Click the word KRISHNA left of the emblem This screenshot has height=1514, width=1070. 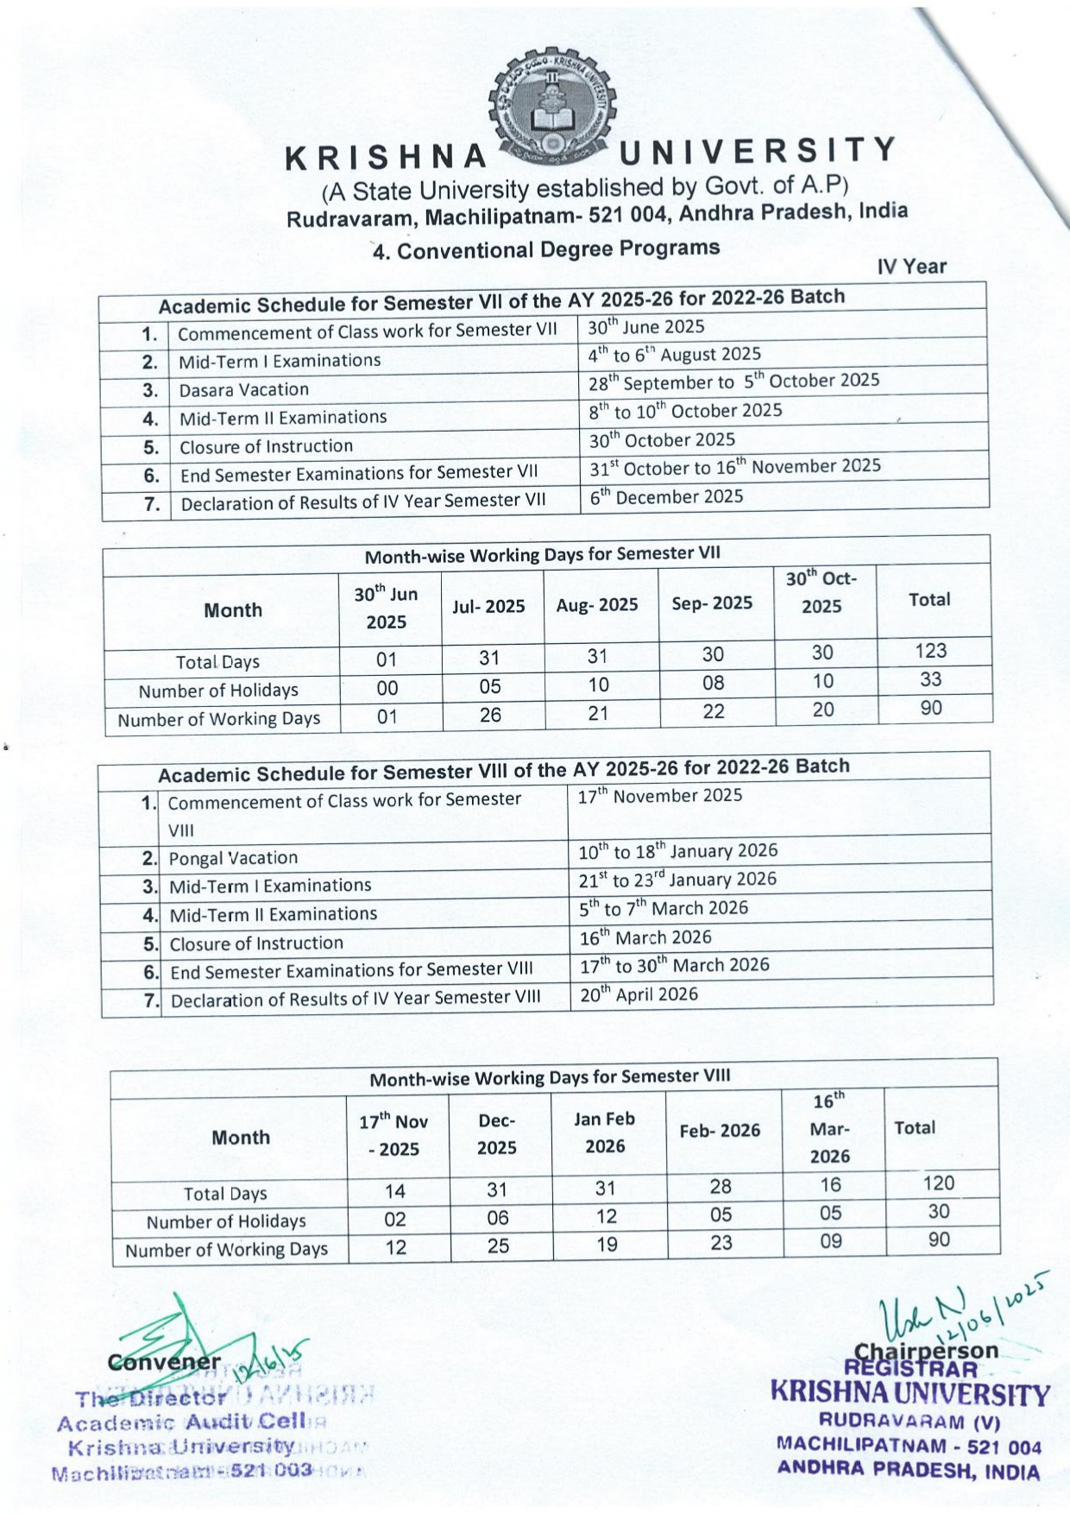[x=387, y=158]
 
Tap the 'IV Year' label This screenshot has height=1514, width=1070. [x=911, y=267]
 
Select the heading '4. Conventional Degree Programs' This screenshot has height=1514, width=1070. [x=545, y=249]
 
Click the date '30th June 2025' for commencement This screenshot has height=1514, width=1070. [x=646, y=327]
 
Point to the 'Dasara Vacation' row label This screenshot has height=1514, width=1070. [x=243, y=390]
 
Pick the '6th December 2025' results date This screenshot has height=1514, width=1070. [x=666, y=496]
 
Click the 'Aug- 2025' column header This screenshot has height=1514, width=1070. [x=597, y=605]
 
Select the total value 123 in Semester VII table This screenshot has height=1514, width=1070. [x=931, y=651]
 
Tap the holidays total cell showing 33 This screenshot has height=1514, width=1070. [x=930, y=679]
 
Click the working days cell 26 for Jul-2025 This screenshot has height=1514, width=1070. [x=490, y=715]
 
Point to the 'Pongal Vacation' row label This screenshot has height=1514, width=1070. [x=233, y=858]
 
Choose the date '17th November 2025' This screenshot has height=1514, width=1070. [x=660, y=796]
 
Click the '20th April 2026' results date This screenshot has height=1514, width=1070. [x=639, y=994]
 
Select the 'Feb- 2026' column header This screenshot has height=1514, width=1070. [x=720, y=1131]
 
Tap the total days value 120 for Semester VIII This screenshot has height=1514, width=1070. [x=938, y=1183]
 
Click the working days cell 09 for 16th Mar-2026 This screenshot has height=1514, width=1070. [x=830, y=1241]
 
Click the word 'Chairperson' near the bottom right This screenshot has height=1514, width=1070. [x=925, y=1351]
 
